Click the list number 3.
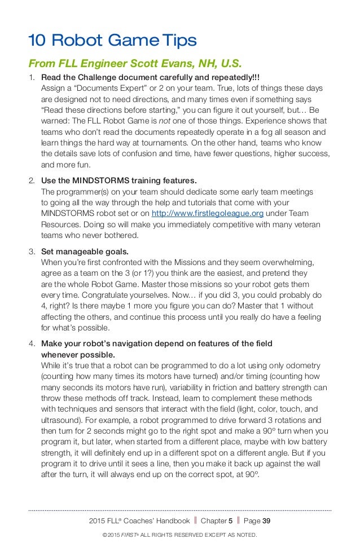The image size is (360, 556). click(32, 252)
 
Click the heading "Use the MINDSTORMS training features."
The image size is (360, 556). click(119, 181)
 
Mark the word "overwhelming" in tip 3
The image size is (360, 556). click(289, 262)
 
